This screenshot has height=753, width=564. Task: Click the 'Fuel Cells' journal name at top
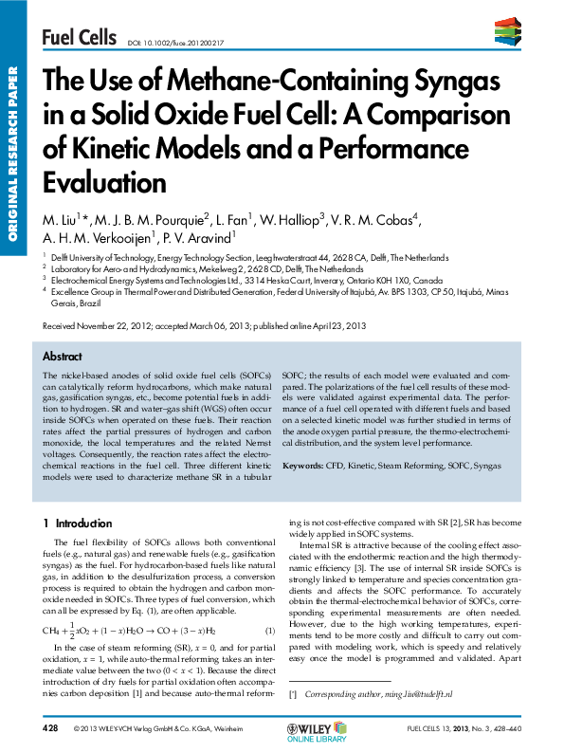78,37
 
